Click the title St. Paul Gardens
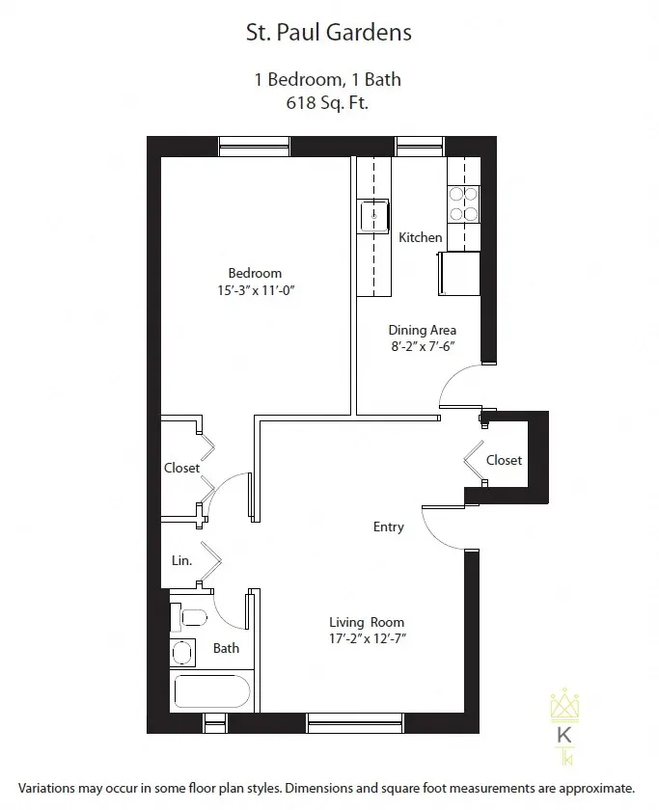328,33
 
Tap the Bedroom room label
255,273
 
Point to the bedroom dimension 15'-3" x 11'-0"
255,289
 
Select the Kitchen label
421,237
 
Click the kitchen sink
373,215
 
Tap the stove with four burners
464,202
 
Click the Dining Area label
423,330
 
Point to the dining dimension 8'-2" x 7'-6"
423,347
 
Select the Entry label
389,527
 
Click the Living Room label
366,622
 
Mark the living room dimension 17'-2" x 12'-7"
366,638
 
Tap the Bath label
226,648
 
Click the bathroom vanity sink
182,652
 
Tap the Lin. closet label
181,560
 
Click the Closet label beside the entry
504,460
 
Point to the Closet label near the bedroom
181,468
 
